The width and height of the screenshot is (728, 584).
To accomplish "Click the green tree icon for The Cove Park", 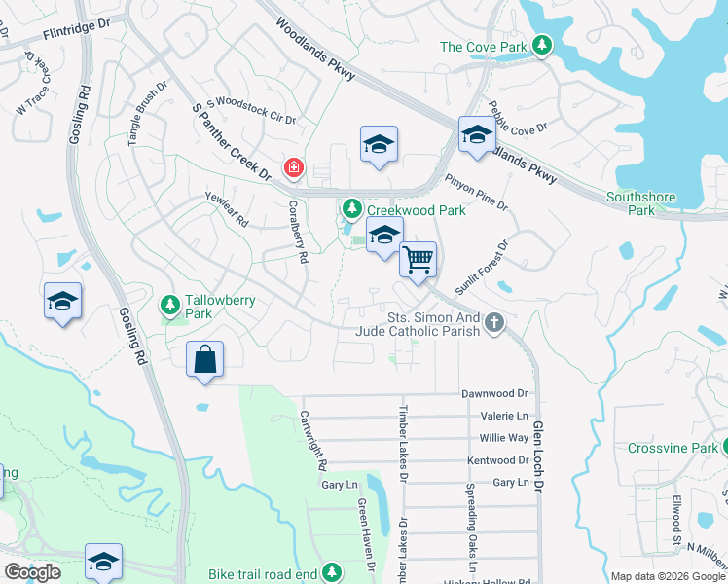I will tap(542, 46).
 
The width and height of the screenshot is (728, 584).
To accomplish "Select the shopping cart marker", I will tap(418, 261).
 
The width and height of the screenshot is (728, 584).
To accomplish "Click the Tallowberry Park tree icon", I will tap(170, 307).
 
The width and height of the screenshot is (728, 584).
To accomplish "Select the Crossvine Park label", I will tap(658, 449).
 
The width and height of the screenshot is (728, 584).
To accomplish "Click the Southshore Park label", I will tap(640, 203).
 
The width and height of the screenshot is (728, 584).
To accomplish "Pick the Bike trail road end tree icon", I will tap(333, 571).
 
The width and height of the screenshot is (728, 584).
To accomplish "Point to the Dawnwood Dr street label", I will tap(494, 394).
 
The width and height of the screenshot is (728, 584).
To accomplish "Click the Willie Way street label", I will tap(504, 438).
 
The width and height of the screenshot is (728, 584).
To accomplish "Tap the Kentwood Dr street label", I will tap(497, 460).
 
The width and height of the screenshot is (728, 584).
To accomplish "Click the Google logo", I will tap(32, 572).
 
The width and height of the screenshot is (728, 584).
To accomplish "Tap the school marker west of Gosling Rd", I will tap(62, 301).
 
